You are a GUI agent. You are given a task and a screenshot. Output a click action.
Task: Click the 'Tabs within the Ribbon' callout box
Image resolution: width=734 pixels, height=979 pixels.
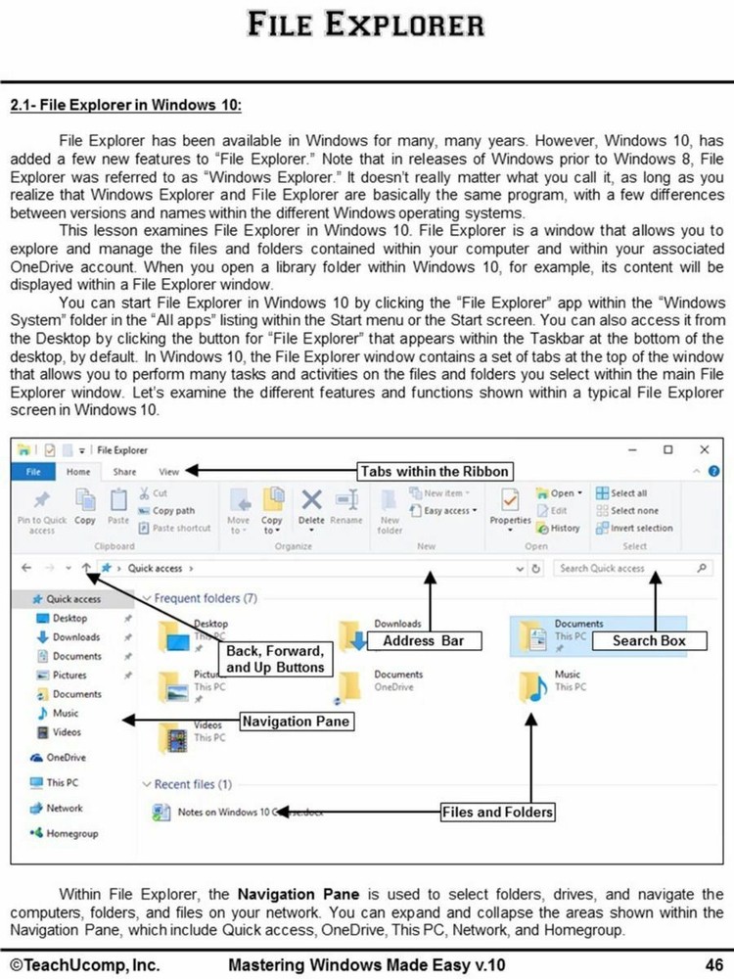point(435,471)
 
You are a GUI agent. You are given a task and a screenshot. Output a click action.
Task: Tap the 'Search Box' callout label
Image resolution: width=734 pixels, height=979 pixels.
point(649,641)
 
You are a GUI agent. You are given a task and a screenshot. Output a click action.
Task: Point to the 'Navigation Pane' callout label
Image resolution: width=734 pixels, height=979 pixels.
point(296,722)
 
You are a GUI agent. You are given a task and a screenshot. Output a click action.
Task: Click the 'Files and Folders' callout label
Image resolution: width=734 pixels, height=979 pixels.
point(497,812)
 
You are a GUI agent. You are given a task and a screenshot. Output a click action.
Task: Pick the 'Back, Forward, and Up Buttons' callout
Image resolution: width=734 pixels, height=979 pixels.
point(274,658)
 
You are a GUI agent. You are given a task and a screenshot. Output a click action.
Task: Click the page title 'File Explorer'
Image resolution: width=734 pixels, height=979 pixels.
point(366,23)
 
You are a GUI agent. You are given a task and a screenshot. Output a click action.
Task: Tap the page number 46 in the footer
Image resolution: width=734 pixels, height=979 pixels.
point(712,964)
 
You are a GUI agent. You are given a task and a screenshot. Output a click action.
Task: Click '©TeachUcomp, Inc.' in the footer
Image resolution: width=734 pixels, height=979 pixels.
point(85,964)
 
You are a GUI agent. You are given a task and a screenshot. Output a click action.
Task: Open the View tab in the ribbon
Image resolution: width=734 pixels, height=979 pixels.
point(168,471)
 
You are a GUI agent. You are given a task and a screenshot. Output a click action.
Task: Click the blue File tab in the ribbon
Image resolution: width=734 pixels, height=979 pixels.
point(33,471)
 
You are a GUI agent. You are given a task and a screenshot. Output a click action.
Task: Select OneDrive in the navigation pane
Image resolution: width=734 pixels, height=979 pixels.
point(66,757)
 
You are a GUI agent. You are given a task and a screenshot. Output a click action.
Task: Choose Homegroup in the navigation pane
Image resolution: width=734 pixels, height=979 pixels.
point(69,832)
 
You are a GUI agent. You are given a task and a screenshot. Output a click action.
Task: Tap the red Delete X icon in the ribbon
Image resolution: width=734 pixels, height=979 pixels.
point(311,500)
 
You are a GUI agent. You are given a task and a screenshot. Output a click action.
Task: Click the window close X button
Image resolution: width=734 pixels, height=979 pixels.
point(704,449)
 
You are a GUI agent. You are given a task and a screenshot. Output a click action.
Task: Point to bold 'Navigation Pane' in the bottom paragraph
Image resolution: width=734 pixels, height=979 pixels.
point(290,894)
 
